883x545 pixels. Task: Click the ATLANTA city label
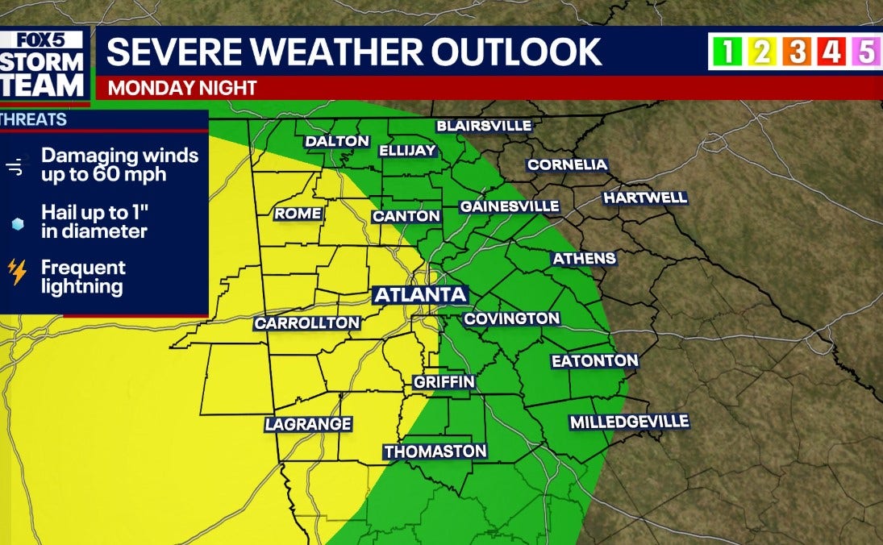[421, 295]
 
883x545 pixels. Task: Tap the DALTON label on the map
[337, 142]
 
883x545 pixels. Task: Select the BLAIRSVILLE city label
[484, 126]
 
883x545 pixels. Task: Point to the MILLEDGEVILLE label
[630, 422]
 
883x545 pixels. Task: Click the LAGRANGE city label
[309, 424]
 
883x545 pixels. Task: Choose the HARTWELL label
[645, 198]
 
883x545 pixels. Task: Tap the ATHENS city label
[584, 259]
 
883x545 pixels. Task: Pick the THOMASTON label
[435, 451]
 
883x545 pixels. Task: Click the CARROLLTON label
[307, 323]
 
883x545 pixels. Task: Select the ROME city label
[298, 214]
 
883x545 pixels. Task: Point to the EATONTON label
[595, 361]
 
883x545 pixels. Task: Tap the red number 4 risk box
[831, 52]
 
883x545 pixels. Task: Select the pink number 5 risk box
[866, 52]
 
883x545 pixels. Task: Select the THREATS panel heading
[34, 120]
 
